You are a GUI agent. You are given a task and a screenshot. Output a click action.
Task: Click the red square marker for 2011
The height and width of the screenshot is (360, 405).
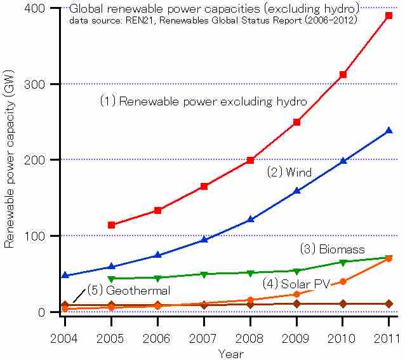point(389,16)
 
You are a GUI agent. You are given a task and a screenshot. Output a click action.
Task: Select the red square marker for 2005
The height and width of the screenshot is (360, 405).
point(111,225)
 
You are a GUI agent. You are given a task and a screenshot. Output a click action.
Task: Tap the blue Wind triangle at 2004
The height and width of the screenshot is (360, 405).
point(65,276)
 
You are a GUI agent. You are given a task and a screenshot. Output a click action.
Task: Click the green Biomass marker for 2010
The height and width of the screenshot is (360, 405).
point(343,262)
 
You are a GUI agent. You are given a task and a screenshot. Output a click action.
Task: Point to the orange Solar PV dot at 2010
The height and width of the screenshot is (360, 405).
point(343,281)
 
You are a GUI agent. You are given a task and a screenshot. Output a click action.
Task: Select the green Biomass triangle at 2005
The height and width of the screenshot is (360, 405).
point(111,279)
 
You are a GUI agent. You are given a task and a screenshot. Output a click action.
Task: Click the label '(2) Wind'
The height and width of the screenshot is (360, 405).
point(289,172)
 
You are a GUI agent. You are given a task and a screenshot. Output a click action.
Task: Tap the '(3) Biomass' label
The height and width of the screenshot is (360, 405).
point(332,249)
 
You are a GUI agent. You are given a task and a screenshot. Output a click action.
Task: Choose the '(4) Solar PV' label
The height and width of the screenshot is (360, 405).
point(296,284)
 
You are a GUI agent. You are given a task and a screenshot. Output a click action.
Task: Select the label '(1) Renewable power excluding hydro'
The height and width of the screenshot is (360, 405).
point(203,101)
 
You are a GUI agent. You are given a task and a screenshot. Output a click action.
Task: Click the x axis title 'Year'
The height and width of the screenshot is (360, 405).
point(230,353)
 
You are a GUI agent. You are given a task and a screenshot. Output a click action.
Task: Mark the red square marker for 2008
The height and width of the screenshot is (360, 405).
point(250,160)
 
